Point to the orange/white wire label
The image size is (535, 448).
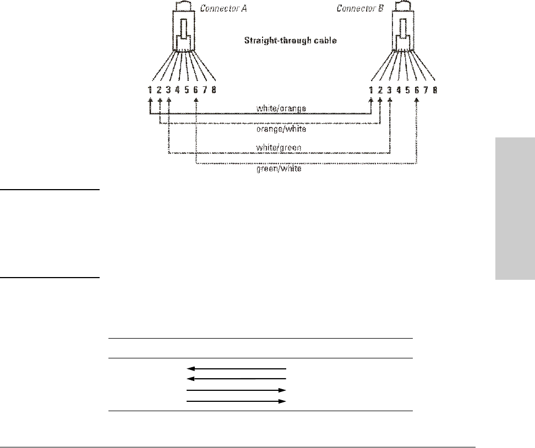click(x=281, y=129)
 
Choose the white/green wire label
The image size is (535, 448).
click(x=279, y=147)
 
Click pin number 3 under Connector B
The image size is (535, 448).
click(x=390, y=90)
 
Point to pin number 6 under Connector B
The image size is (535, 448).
click(x=417, y=90)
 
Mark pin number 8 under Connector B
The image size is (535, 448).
click(x=435, y=90)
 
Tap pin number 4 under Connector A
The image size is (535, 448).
click(x=178, y=90)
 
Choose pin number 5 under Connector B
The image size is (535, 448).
click(x=408, y=90)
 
